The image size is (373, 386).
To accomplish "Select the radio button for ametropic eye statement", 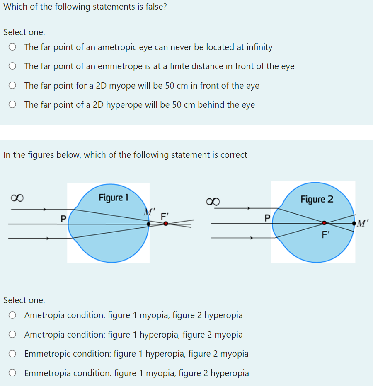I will click(x=13, y=47).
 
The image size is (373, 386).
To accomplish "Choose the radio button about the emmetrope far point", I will click(x=13, y=66).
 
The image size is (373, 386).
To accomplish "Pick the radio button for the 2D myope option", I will click(x=13, y=86).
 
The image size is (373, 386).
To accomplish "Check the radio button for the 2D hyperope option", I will click(x=13, y=105).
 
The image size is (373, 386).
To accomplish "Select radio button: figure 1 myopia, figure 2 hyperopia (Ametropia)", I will click(x=13, y=315).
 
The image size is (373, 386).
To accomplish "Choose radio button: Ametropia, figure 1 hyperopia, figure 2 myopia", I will click(x=13, y=335).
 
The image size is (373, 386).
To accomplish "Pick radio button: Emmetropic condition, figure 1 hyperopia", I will click(x=13, y=354).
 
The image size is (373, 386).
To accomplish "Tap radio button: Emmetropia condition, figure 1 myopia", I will click(x=13, y=373).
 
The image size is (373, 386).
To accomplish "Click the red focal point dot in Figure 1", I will click(x=166, y=224).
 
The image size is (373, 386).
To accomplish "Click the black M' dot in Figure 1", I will click(x=148, y=224).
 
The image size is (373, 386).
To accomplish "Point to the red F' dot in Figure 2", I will click(x=324, y=224).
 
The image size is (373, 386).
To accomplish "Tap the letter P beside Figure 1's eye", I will click(x=63, y=217).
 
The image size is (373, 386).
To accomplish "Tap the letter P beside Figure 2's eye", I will click(x=267, y=217).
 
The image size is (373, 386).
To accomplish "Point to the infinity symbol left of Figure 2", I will click(x=213, y=201).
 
